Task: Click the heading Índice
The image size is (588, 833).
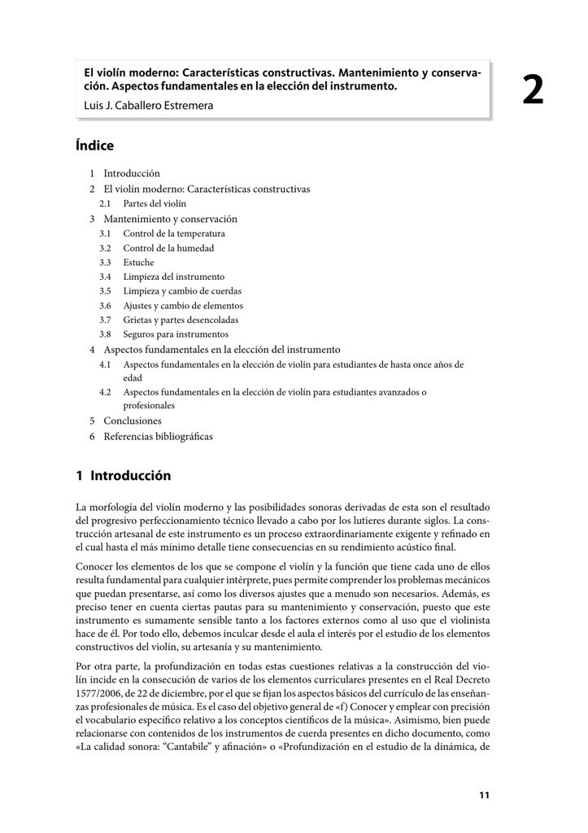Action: pos(94,146)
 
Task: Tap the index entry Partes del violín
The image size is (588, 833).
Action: pos(155,203)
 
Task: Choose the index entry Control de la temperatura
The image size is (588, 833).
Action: pos(174,233)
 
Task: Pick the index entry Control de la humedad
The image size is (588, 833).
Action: pos(168,248)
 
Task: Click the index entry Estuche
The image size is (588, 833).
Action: pos(138,263)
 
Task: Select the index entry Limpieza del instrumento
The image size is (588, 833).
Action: pos(173,277)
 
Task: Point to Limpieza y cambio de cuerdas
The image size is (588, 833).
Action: pos(182,291)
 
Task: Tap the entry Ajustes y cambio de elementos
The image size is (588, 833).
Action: pos(183,306)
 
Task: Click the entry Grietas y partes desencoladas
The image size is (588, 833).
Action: pos(181,320)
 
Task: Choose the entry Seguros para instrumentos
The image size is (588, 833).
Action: pos(176,334)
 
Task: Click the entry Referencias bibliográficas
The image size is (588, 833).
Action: pos(158,437)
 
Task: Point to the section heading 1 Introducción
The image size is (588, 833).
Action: pos(123,476)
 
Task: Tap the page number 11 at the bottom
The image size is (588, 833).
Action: pos(484,796)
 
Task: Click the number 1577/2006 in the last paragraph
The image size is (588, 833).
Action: pos(102,693)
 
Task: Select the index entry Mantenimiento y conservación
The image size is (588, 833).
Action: pos(170,219)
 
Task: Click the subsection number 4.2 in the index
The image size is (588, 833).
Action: pos(105,392)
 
